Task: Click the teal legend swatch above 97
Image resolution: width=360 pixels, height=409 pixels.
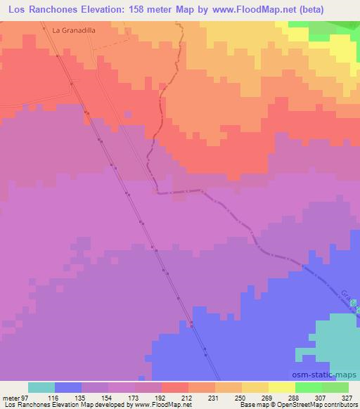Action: (x=41, y=387)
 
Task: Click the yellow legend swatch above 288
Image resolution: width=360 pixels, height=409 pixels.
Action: (x=281, y=387)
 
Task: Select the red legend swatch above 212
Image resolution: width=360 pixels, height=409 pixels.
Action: (x=174, y=387)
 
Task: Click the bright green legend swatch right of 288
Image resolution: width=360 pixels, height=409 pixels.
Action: (x=308, y=387)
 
